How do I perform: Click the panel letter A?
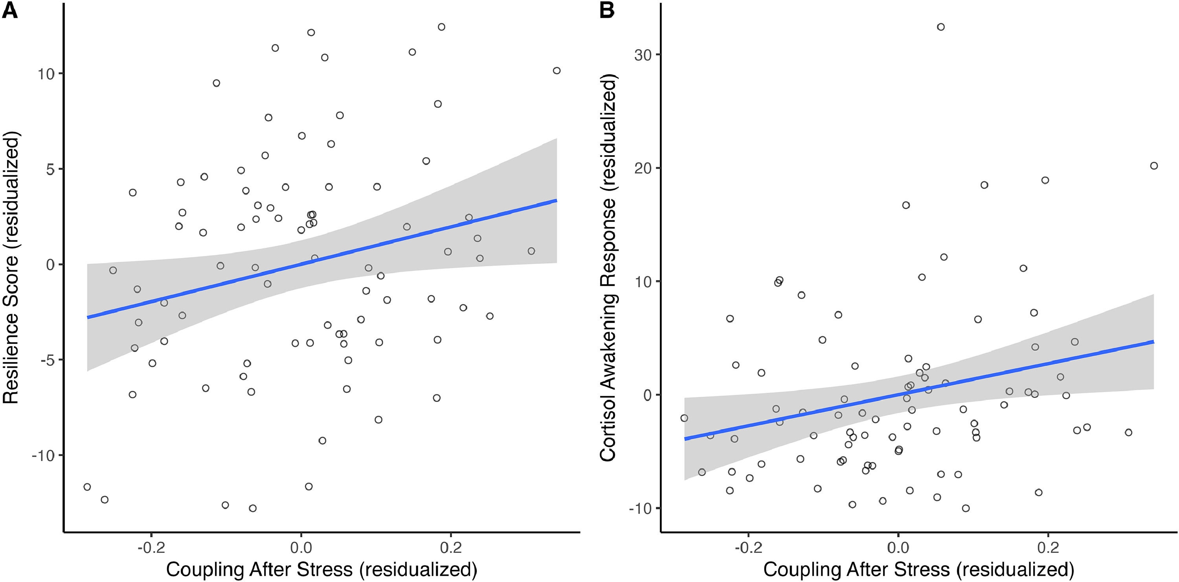[x=10, y=10]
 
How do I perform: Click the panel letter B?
[x=607, y=10]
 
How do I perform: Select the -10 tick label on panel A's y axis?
[x=43, y=456]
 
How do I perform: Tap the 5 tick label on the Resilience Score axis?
[x=50, y=169]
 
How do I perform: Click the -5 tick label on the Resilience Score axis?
[x=47, y=360]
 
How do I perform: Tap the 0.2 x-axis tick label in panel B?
[x=1048, y=548]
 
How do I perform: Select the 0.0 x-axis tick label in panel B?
[x=898, y=548]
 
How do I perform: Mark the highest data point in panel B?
[x=940, y=27]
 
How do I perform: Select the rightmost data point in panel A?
[x=556, y=70]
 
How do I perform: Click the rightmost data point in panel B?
[x=1154, y=166]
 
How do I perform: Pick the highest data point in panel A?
[x=441, y=27]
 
